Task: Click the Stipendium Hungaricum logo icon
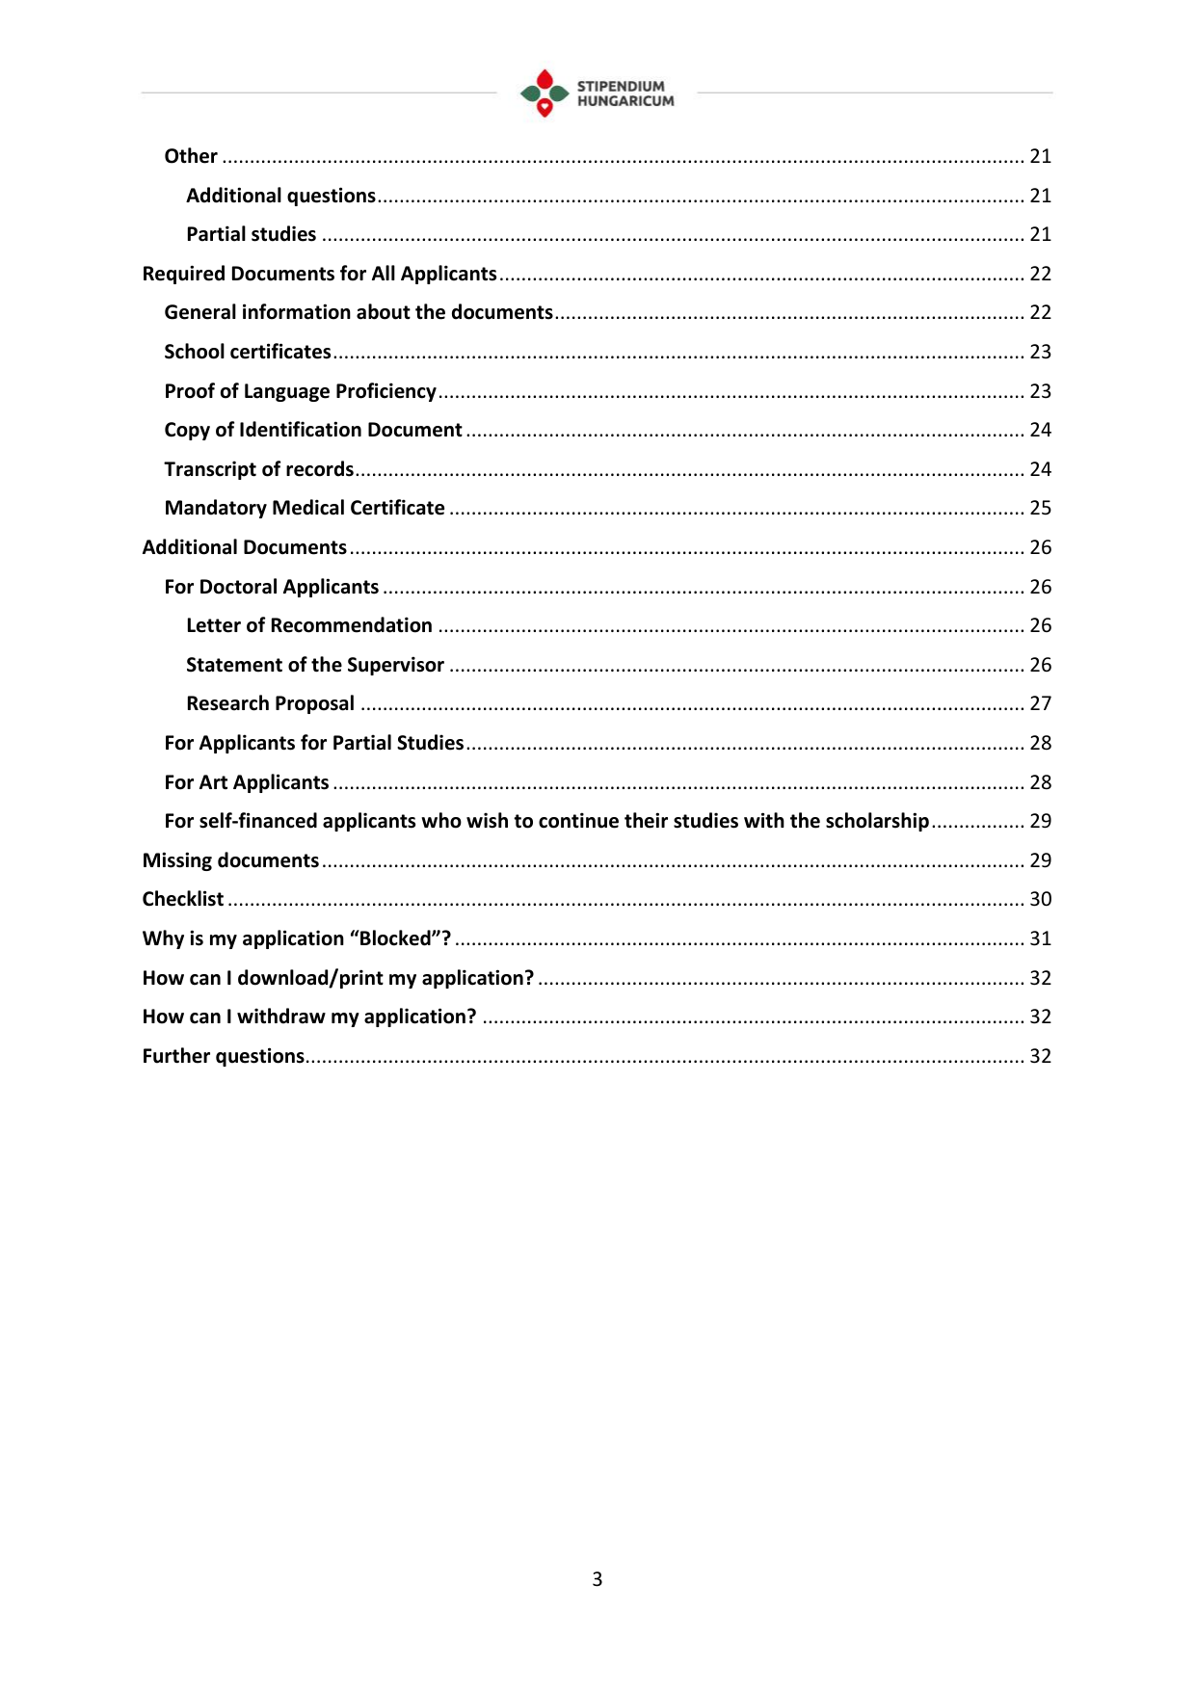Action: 545,92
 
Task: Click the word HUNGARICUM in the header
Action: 625,101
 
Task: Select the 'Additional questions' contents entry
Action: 280,196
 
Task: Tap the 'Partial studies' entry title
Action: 251,234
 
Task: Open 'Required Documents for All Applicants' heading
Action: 319,274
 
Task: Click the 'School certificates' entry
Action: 248,352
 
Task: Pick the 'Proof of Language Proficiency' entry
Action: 300,391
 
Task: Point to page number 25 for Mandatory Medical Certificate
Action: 1040,508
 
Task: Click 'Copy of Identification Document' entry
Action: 313,430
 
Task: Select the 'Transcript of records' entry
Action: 259,469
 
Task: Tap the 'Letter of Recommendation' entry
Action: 308,625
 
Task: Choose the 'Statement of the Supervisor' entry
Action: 314,665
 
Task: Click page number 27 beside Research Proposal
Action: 1040,703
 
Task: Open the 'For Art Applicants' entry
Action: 247,782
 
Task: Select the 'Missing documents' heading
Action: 230,860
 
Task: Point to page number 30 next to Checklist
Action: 1040,899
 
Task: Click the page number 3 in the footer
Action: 598,1579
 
